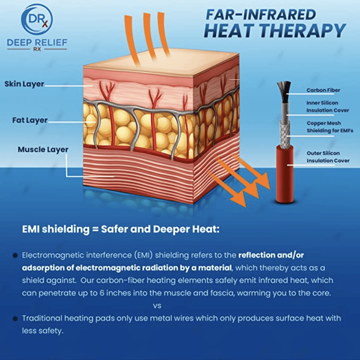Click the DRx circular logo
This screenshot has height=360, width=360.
(x=37, y=19)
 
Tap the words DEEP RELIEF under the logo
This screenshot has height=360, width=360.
(x=37, y=43)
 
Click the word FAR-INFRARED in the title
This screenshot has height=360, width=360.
(x=261, y=15)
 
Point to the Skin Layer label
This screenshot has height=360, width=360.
(x=24, y=84)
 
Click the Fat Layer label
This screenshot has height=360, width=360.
(x=30, y=120)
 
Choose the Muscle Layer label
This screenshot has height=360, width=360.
(x=43, y=149)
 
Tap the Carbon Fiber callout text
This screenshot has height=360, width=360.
(x=323, y=90)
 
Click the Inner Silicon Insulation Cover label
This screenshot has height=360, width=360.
(x=328, y=106)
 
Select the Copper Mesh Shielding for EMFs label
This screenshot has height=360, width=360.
(x=330, y=127)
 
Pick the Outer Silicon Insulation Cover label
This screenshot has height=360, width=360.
(x=328, y=157)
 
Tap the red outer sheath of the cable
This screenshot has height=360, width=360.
(x=285, y=174)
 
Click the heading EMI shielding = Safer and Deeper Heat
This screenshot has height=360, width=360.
(x=121, y=229)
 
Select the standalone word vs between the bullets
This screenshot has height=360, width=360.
(x=157, y=306)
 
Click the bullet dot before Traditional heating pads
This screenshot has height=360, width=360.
(x=15, y=318)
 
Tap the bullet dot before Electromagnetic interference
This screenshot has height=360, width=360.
(x=15, y=255)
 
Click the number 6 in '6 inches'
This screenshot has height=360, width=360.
(x=102, y=293)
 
